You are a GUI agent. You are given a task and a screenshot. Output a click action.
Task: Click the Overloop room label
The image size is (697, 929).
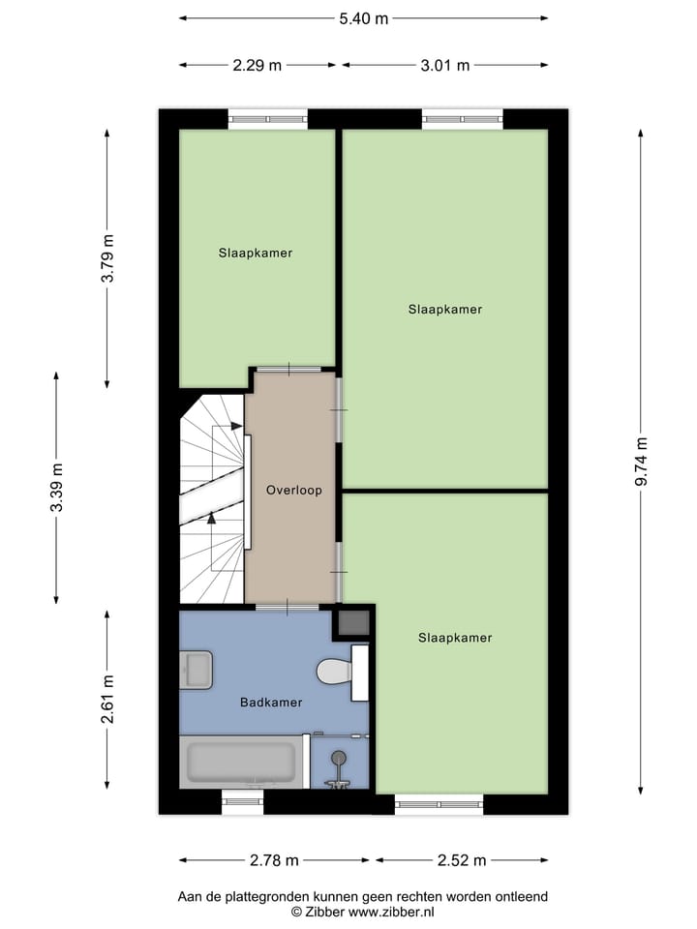(293, 491)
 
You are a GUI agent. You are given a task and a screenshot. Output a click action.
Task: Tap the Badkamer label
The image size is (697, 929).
(271, 703)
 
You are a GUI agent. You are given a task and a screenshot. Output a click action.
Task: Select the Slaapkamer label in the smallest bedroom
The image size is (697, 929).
(255, 253)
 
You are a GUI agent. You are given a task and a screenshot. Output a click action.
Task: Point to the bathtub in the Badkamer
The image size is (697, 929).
(239, 763)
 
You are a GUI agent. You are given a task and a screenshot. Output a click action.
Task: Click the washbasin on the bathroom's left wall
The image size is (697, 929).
(197, 669)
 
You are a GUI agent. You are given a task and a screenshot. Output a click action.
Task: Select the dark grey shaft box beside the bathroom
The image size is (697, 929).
(351, 623)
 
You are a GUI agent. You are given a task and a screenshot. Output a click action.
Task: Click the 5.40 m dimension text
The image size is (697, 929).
(363, 18)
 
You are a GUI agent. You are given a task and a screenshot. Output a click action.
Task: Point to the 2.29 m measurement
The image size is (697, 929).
(258, 66)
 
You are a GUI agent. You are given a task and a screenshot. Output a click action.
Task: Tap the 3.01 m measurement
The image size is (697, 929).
(445, 66)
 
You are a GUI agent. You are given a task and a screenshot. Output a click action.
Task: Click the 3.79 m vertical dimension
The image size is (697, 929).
(108, 258)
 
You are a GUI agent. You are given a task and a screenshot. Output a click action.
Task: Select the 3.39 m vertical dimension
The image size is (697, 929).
(57, 487)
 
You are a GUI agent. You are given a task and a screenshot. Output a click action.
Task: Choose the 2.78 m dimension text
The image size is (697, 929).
(273, 859)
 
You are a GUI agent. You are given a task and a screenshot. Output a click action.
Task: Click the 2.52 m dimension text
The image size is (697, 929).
(461, 859)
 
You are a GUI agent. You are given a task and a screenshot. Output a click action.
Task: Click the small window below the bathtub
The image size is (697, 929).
(242, 798)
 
